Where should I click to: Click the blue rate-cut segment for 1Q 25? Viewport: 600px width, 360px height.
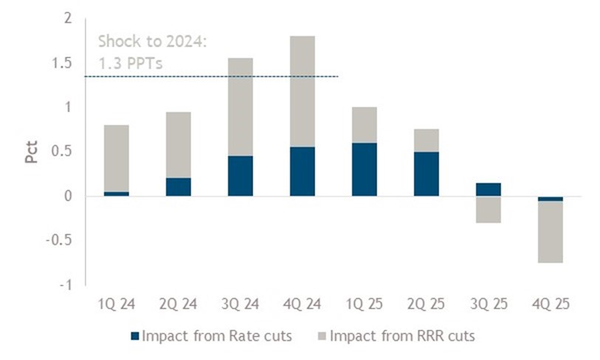click(364, 170)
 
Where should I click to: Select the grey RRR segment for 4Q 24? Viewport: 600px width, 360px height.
click(302, 91)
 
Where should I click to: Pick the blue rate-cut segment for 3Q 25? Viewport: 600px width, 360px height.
click(488, 190)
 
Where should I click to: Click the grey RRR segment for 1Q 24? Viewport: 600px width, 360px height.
click(116, 159)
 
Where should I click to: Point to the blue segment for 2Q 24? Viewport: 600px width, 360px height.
click(178, 187)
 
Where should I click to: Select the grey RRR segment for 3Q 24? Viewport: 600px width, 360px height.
click(240, 107)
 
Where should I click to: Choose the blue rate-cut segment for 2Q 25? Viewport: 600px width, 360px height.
click(426, 174)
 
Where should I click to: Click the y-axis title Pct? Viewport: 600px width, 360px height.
click(32, 150)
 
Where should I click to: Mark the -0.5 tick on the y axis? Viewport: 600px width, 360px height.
click(66, 240)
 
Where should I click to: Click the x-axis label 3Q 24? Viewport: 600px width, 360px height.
click(240, 303)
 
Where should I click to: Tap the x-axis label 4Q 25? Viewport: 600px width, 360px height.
click(550, 303)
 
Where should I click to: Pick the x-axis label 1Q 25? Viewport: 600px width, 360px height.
click(364, 303)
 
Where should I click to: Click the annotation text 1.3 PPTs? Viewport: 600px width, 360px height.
click(130, 63)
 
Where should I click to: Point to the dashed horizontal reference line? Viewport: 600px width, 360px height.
click(221, 76)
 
